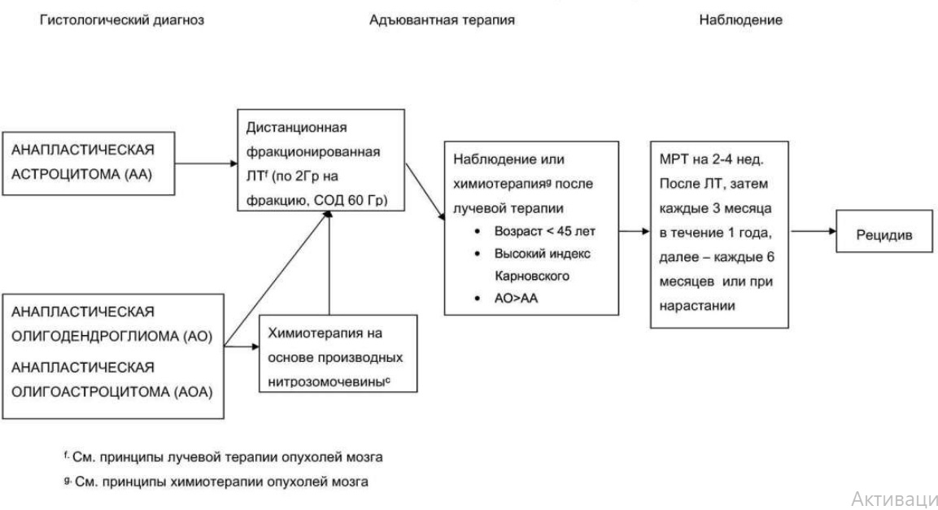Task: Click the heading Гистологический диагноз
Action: (121, 20)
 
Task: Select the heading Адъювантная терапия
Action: (442, 20)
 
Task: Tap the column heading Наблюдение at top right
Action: (740, 20)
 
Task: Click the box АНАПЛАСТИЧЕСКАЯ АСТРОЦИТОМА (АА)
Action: (89, 163)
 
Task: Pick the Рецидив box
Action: (884, 231)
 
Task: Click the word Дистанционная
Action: (297, 128)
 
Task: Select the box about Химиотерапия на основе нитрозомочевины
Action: (338, 354)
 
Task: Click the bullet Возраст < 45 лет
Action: (544, 231)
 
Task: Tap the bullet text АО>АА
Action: (516, 299)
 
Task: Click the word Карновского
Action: (532, 277)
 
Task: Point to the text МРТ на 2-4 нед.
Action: (711, 159)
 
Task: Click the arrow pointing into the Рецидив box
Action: (813, 231)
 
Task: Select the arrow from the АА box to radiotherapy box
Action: (207, 163)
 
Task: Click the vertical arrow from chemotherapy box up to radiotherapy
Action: (329, 263)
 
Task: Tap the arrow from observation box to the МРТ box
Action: (635, 231)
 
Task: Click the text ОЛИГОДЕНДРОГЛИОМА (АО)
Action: (112, 336)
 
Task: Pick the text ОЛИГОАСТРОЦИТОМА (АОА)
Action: (112, 392)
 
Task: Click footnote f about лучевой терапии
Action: (223, 457)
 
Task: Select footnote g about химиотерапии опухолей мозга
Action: (216, 482)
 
